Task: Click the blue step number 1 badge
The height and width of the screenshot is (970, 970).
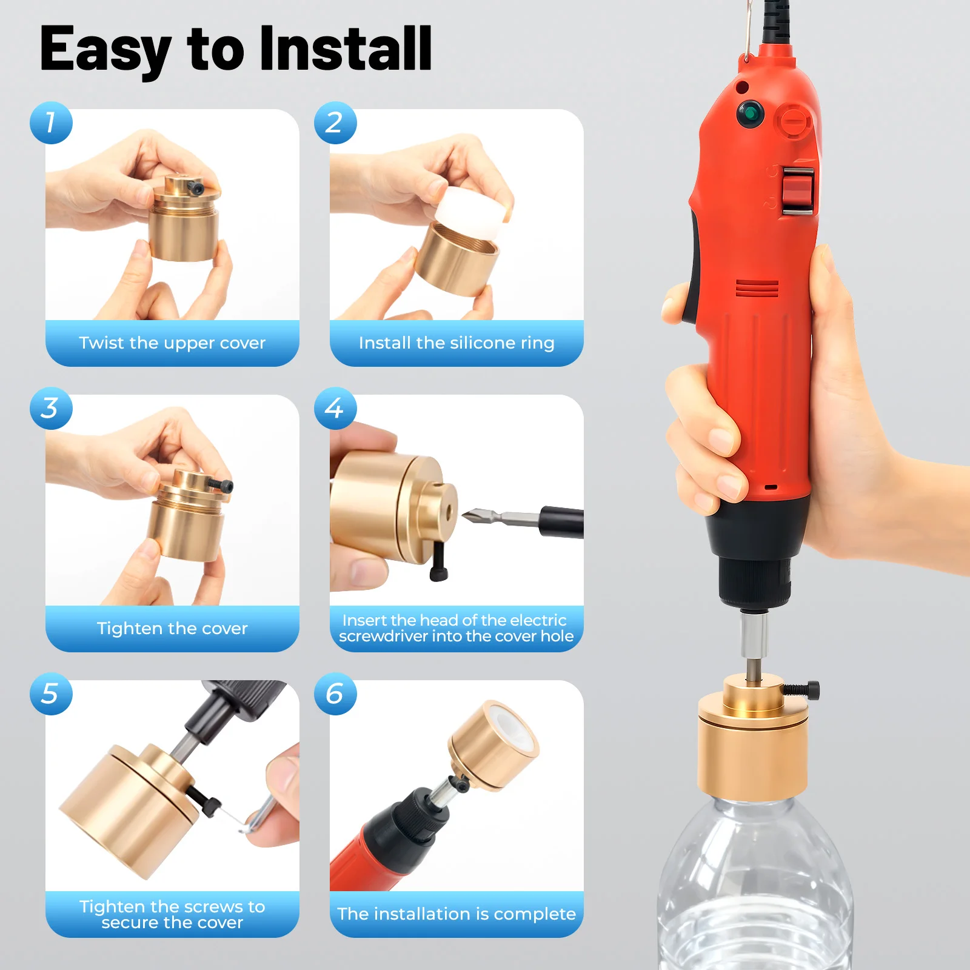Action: point(51,123)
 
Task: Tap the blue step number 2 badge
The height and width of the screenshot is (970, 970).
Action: point(335,123)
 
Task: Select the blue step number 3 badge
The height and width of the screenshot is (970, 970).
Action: point(51,409)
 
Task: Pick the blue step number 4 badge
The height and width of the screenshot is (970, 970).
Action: point(335,409)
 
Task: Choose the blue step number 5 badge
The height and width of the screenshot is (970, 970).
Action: point(51,694)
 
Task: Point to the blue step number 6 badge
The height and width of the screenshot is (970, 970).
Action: point(335,694)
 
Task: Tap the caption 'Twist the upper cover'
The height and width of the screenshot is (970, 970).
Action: point(172,343)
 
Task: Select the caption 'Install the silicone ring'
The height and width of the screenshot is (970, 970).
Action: point(457,343)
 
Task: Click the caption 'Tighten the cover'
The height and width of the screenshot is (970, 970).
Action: point(172,629)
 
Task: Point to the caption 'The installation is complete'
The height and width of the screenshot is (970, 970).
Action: point(457,914)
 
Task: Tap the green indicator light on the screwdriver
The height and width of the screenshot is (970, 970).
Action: point(750,113)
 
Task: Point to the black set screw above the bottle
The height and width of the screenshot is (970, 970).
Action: point(802,690)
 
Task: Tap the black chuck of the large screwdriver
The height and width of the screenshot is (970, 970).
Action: point(755,579)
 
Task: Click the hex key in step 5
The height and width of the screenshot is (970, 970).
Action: point(255,815)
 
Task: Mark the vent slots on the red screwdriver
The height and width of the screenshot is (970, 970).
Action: point(757,289)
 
